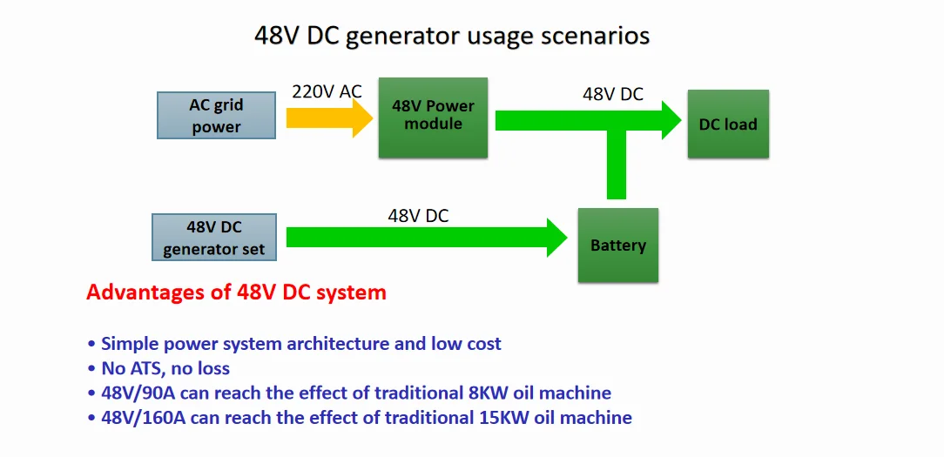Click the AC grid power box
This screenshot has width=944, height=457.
click(x=216, y=116)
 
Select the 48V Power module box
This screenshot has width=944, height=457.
click(x=433, y=118)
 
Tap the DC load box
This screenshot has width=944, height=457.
click(x=728, y=124)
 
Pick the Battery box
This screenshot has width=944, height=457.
click(x=617, y=245)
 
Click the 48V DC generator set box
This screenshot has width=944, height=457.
click(x=213, y=238)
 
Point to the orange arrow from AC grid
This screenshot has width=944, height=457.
click(x=330, y=118)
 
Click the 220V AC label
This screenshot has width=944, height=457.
click(x=327, y=91)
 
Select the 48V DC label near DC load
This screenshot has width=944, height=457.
click(x=613, y=94)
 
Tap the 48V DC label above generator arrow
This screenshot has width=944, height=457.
click(x=418, y=216)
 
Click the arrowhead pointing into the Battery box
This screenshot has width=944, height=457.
click(x=556, y=238)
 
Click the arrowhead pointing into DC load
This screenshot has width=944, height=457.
click(x=672, y=120)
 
